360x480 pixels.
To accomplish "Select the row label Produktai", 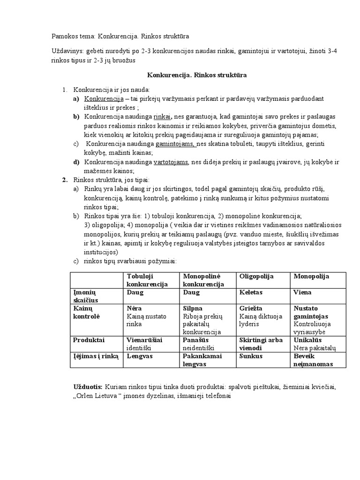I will point(89,340).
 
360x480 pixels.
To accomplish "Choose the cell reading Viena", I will point(302,292).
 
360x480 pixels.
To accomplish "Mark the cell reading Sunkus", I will point(250,356).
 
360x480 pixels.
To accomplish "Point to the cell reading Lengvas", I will point(140,356).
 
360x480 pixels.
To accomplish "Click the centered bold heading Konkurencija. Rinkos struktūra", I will point(197,75).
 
